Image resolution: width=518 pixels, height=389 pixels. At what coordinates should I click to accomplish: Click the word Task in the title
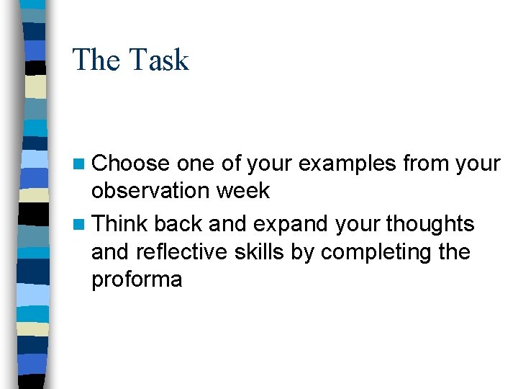[160, 60]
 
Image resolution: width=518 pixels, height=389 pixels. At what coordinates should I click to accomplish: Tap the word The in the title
[96, 60]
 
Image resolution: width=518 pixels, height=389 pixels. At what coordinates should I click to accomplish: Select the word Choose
[132, 164]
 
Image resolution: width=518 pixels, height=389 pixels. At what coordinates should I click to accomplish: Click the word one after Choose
[196, 164]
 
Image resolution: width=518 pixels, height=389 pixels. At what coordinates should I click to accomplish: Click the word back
[178, 224]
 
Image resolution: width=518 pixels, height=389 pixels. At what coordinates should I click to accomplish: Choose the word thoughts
[430, 224]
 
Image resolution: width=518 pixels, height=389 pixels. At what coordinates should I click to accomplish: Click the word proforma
[137, 280]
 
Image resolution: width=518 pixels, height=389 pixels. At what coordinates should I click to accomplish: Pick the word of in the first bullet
[231, 164]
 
